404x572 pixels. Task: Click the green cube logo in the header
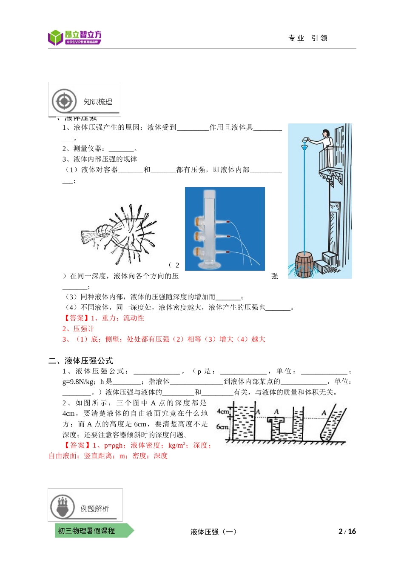click(55, 37)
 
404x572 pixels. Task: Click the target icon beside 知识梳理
click(64, 101)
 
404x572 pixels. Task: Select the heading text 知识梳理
click(98, 102)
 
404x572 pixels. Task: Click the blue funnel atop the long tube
click(304, 147)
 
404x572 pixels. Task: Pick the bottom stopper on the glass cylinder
click(199, 252)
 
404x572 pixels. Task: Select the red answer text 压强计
click(84, 329)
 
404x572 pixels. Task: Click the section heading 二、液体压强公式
click(81, 361)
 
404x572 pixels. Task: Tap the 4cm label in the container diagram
click(223, 411)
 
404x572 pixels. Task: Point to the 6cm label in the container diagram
click(222, 426)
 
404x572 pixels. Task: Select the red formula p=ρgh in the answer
click(114, 445)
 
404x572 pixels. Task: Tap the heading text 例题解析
click(95, 509)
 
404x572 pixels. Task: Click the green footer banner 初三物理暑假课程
click(87, 531)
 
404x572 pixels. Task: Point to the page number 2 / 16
click(347, 531)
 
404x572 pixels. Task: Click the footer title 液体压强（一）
click(213, 532)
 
